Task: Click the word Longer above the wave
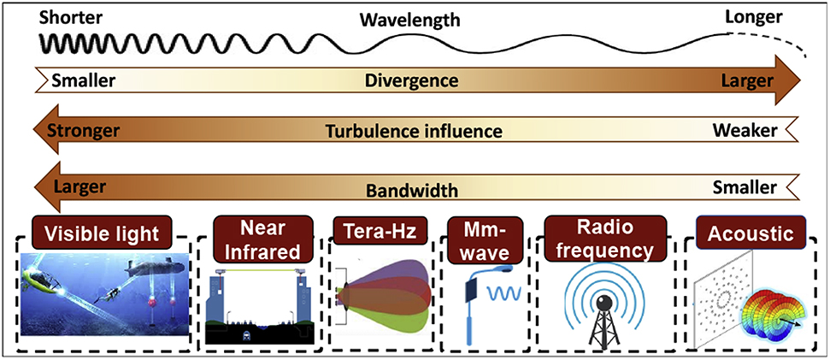[755, 16]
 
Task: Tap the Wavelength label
[409, 18]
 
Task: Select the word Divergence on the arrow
[411, 81]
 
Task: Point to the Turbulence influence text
[413, 132]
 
